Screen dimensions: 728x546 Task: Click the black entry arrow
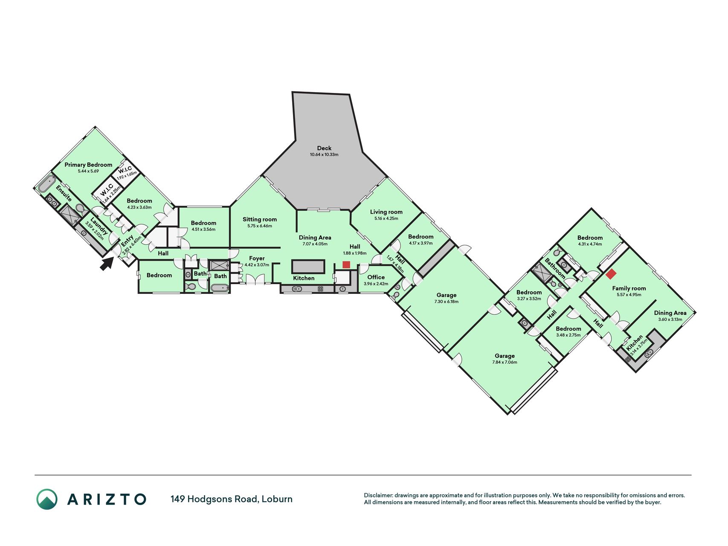click(107, 263)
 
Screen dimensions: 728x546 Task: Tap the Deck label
click(324, 148)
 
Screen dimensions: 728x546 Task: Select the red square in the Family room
click(611, 274)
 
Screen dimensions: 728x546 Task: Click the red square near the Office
click(346, 265)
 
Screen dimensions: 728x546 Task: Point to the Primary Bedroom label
click(88, 165)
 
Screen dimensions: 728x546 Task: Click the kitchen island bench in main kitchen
click(308, 267)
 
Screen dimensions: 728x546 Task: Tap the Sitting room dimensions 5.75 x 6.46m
click(260, 226)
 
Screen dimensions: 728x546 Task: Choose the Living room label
click(386, 212)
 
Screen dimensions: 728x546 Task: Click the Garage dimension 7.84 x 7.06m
click(505, 362)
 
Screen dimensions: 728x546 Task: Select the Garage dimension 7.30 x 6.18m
click(447, 302)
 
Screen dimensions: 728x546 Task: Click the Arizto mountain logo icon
click(47, 499)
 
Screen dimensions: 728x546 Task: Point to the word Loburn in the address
click(277, 499)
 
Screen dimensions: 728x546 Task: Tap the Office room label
click(376, 277)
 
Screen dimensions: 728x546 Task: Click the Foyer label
click(257, 258)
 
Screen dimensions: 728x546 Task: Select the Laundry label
click(99, 227)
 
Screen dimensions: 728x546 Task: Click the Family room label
click(629, 288)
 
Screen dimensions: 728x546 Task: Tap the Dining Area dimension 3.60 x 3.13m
click(670, 319)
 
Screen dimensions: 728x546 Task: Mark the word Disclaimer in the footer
click(378, 495)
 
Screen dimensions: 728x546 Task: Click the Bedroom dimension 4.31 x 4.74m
click(590, 244)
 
